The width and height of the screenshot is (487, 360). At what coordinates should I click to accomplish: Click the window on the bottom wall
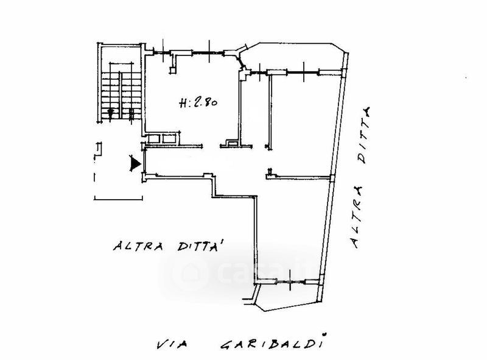tap(288, 281)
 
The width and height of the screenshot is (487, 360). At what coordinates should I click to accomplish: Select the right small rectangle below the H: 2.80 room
tap(169, 138)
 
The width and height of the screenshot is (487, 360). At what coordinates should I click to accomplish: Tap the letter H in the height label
tap(184, 104)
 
